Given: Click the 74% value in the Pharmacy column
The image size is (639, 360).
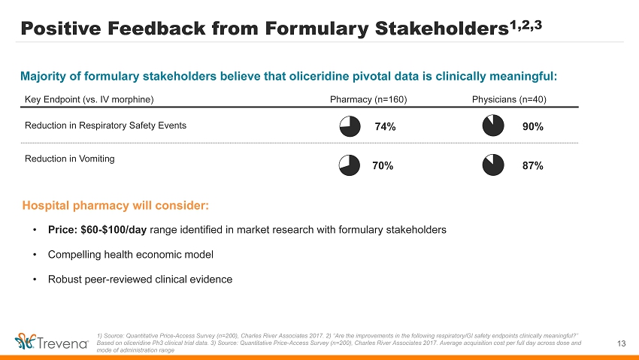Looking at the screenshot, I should pos(385,127).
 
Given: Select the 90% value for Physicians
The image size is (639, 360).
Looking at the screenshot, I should pos(533,127).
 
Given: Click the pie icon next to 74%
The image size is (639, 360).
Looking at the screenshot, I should pos(350,126).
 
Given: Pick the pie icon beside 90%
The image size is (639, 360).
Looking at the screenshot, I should pos(492,126).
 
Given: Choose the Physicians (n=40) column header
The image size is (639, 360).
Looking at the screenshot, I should pos(511,99).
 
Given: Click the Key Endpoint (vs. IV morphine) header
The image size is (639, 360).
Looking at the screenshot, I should pos(89,99).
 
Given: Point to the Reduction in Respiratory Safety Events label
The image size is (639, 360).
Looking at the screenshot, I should pos(106,126).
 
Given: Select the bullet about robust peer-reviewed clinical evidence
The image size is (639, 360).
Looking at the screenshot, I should pos(140,279).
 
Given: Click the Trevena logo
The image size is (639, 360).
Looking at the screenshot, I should pos(49,342).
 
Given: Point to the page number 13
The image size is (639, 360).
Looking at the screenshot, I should pos(621,343).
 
